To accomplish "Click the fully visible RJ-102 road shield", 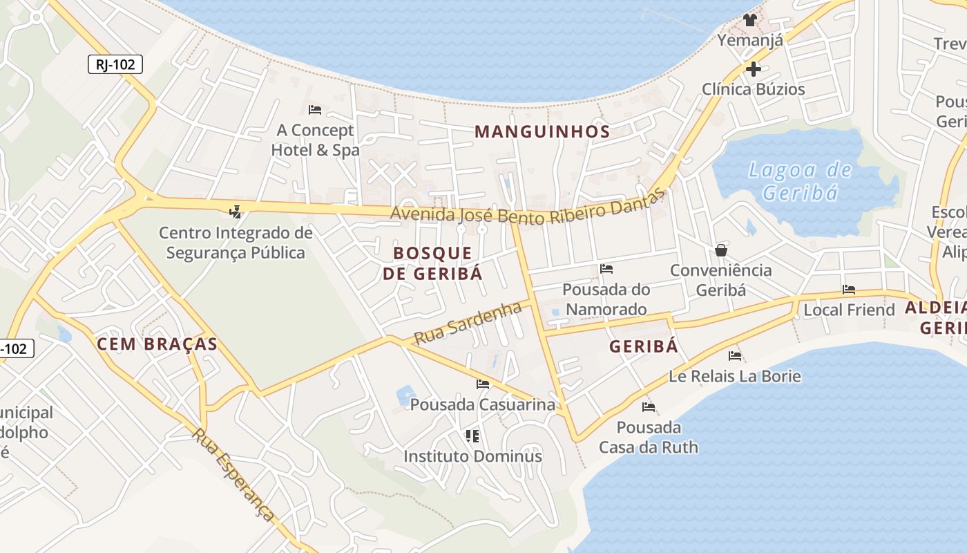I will coord(115,65).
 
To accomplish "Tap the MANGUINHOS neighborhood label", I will coord(542,131).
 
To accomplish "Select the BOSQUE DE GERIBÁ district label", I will coord(432,263).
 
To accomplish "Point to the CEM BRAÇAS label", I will coord(157,344).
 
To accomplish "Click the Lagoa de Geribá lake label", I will coord(800,180).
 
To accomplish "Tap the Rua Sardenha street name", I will coord(468,323).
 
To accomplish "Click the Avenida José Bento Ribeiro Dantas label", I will coord(528,207).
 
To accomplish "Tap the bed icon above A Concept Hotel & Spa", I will coord(315,110).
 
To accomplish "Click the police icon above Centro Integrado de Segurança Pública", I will coord(236,212).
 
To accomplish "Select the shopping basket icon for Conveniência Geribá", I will coord(721,250).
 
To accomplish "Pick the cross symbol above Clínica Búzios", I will coord(753,69).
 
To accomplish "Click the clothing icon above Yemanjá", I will coord(750,20).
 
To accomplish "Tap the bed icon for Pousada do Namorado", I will coord(606,268).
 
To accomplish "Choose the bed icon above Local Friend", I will coord(849,290).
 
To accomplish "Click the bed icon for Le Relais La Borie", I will coord(735,356).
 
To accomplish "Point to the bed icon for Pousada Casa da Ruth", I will coord(648,407).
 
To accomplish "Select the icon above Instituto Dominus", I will coord(472,435).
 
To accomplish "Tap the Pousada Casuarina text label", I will coord(483,404).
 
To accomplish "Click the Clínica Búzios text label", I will coord(753,89).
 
